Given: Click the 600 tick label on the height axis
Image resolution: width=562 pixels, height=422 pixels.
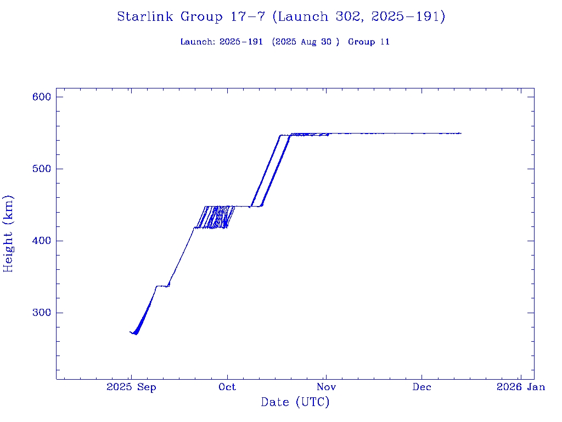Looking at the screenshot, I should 41,97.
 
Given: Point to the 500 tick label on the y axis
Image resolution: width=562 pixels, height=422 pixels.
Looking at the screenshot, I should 41,169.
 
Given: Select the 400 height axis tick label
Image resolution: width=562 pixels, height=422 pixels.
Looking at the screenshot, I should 41,241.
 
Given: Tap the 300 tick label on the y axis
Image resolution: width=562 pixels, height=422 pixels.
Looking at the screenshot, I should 41,313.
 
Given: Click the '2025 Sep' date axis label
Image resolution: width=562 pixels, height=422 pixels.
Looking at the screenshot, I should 131,387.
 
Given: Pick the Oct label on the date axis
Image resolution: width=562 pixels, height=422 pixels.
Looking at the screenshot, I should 227,387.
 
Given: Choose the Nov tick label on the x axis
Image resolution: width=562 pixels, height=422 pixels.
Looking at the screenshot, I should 325,387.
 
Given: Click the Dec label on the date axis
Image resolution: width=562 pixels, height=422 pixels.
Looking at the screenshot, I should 422,387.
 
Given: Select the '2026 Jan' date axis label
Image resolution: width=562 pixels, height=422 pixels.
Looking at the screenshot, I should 520,387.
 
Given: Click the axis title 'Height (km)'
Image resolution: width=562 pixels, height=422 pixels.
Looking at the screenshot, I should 8,234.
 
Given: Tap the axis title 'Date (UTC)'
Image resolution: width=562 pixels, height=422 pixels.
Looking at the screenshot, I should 295,402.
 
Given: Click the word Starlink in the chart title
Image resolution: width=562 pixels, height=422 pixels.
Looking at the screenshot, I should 146,17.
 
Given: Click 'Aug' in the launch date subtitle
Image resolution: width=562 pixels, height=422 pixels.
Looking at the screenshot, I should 308,42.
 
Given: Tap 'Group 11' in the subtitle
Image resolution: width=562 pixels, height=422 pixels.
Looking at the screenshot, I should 369,42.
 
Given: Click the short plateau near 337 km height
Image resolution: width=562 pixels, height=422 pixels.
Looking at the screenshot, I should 162,286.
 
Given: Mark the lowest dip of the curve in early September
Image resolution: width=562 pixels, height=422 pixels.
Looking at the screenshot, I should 136,334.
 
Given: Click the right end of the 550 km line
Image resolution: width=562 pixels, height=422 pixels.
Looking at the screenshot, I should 460,133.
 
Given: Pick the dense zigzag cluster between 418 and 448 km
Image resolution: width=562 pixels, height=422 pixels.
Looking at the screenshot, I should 217,218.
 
